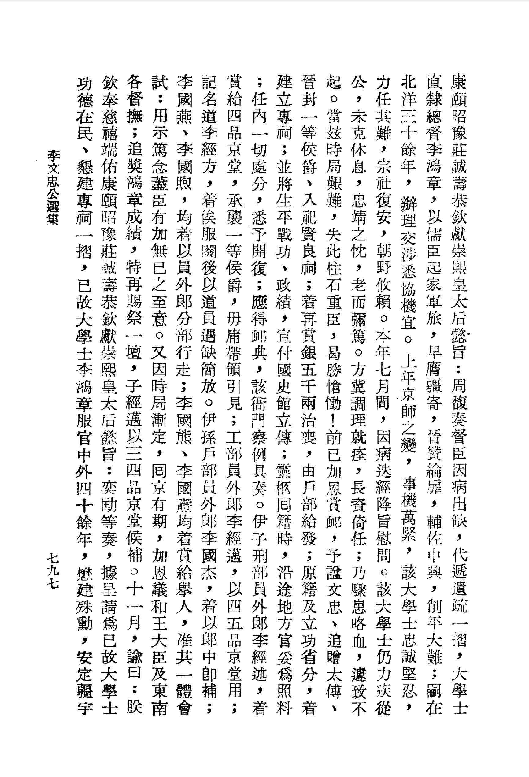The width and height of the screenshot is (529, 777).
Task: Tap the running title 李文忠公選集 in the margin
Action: pos(53,187)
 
